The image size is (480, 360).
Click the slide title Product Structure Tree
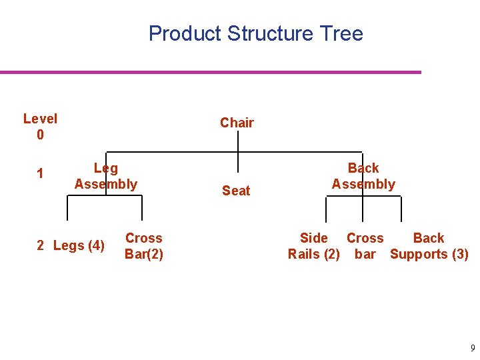(x=255, y=33)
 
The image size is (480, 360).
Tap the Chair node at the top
(x=237, y=123)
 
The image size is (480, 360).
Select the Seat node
(x=236, y=191)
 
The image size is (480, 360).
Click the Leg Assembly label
(x=106, y=176)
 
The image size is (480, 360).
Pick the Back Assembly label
(x=363, y=176)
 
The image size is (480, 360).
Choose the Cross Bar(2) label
(x=144, y=246)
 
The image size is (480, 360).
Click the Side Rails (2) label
(x=313, y=246)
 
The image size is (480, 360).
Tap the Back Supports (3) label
(x=429, y=246)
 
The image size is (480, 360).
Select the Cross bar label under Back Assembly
(x=365, y=246)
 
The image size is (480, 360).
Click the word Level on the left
(x=40, y=119)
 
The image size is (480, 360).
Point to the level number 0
(x=40, y=135)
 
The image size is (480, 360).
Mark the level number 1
(x=40, y=174)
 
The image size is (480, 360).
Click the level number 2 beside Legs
(x=40, y=246)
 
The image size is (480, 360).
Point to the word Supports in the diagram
(x=419, y=254)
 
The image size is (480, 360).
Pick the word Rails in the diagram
(x=304, y=254)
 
